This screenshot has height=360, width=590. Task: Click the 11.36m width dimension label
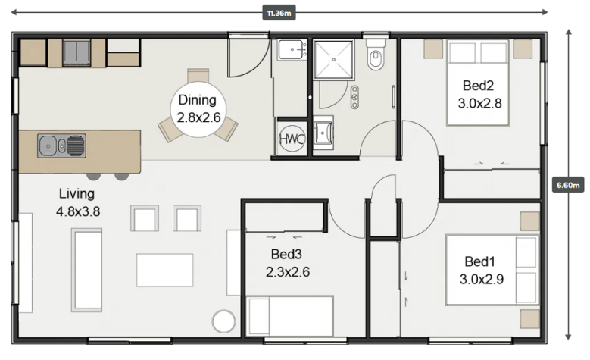click(279, 13)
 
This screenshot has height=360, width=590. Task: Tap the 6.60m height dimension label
click(568, 185)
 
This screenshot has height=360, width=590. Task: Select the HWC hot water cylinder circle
click(292, 139)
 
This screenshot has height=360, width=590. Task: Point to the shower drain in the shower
click(334, 60)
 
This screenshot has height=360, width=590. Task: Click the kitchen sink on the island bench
click(61, 146)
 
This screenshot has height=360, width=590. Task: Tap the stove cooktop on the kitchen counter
click(76, 53)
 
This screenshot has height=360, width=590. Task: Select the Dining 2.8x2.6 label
click(198, 109)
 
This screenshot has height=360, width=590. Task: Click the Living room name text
click(76, 193)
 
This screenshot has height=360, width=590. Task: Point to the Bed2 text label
click(478, 86)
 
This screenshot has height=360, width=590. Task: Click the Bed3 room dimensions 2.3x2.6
click(288, 272)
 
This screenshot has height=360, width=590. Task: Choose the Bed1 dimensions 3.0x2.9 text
click(482, 280)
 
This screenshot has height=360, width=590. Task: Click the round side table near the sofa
click(224, 321)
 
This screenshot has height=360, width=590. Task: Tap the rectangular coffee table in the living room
click(165, 270)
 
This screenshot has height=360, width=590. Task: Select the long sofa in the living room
click(87, 270)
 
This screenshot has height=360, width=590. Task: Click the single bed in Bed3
click(290, 316)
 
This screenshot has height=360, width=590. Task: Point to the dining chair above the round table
click(198, 75)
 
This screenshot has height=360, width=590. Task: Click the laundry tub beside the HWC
click(323, 133)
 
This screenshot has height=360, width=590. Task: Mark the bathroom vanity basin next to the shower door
click(354, 97)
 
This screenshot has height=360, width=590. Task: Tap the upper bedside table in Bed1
click(530, 221)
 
